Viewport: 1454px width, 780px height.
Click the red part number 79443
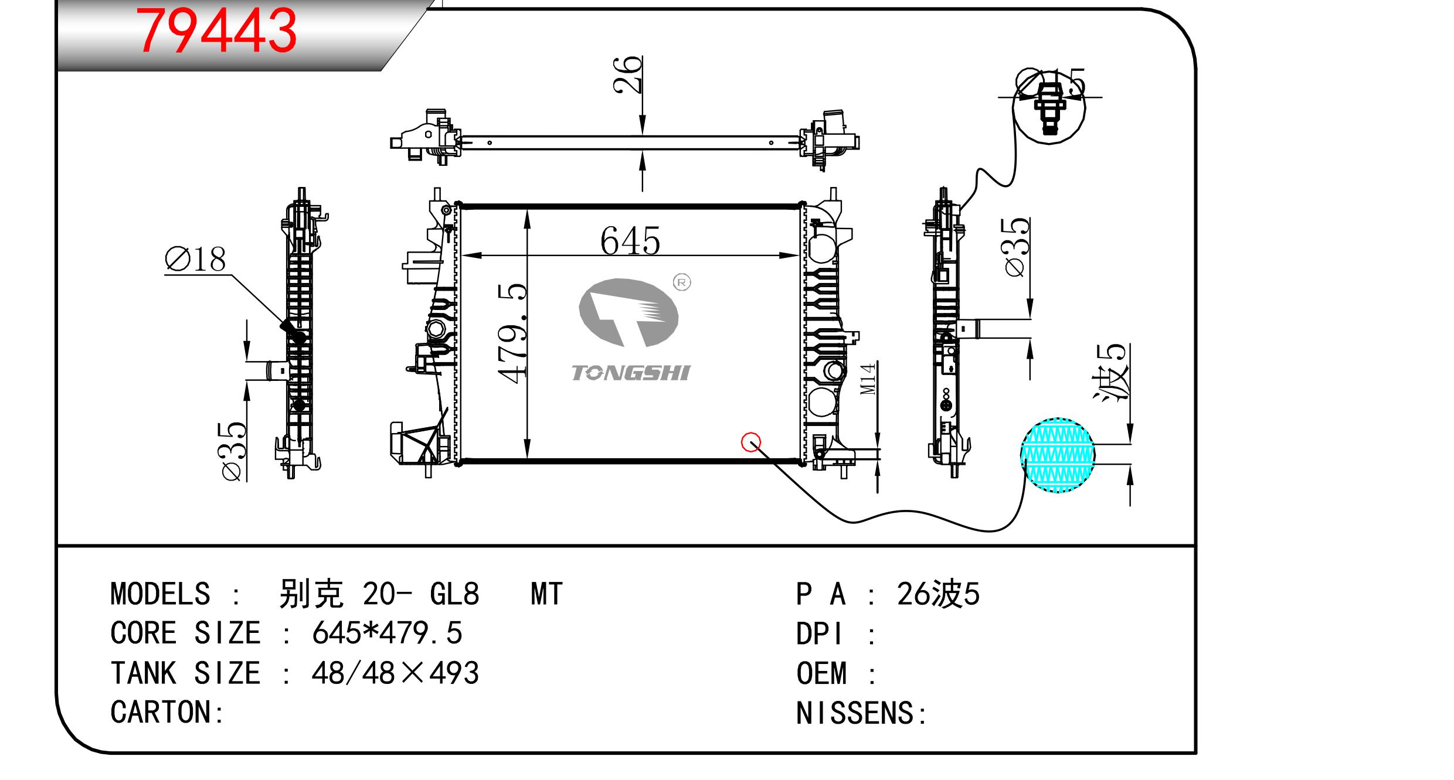(x=216, y=31)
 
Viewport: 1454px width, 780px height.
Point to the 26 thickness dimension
(x=628, y=74)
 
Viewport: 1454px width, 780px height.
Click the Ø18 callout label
(x=196, y=260)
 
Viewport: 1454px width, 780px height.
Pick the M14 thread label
(x=868, y=379)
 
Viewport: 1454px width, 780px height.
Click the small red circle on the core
(x=751, y=442)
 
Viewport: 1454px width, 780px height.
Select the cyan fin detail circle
(x=1057, y=455)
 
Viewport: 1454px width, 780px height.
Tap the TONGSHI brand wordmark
(x=631, y=373)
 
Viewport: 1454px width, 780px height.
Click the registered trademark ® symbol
(x=681, y=282)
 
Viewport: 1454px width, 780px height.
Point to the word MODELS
(x=160, y=594)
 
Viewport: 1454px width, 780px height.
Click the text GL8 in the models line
(x=454, y=594)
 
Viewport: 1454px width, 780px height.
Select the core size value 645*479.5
(x=387, y=633)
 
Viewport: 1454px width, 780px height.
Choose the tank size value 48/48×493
(x=395, y=673)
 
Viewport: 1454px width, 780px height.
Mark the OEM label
(x=821, y=673)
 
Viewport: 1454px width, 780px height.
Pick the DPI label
(x=819, y=634)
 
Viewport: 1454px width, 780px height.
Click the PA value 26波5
(x=938, y=594)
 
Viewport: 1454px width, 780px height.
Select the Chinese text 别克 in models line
(x=311, y=594)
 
